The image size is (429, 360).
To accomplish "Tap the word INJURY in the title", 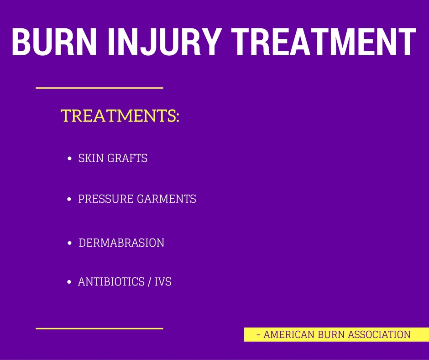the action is coord(164,42).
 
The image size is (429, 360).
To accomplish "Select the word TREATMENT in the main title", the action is coord(324,42).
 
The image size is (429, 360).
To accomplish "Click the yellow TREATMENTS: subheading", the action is coord(120,116).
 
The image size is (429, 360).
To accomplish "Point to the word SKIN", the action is coord(91,158).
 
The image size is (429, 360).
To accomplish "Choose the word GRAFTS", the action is coord(127,158).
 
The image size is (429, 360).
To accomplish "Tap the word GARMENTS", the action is coord(166,199).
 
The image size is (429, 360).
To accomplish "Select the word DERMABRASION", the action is coord(121,243).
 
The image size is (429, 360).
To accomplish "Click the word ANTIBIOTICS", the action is coord(111,281).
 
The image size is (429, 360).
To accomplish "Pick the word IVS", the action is coord(163,281).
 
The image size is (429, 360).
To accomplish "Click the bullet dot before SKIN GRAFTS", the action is coord(69,159).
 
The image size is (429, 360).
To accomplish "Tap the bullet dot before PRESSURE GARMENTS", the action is coord(69,199).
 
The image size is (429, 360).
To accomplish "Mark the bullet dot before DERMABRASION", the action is coord(69,243).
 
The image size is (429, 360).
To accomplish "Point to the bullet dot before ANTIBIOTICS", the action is coord(69,282).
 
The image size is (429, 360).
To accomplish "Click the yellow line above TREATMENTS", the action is coord(99,88).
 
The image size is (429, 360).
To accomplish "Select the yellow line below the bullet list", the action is coord(99,328).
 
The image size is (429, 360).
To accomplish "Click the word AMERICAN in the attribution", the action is coord(289,334).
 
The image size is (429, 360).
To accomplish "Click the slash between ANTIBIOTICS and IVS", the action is coord(149,281).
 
